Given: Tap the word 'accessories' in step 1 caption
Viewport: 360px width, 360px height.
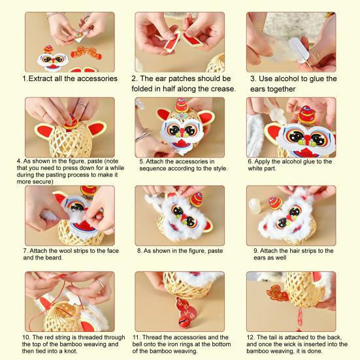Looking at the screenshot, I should pyautogui.click(x=95, y=78).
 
